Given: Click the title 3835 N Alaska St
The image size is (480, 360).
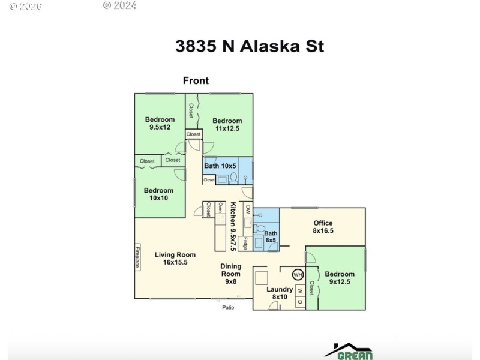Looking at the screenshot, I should coord(250,46).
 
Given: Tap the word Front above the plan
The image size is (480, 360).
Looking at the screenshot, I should coord(196,81).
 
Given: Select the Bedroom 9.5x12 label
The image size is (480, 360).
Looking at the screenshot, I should coord(160,124).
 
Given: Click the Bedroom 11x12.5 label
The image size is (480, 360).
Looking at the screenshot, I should coord(227,124).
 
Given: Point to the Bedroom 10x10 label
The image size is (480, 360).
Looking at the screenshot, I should coord(159,194).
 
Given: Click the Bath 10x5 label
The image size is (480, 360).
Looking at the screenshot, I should coord(221,166).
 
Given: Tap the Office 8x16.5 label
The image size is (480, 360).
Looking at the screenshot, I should coord(323,227).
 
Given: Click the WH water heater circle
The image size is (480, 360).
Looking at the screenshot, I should coord(297,275).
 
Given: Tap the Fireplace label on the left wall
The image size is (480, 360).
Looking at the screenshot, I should coord(137,257).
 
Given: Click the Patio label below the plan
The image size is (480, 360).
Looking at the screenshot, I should coord(228,308).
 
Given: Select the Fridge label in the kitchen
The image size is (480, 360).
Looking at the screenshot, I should coord(245,244).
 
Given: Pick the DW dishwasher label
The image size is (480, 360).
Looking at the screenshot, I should coord(248,209).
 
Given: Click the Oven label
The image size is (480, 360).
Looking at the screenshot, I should coord(220,208).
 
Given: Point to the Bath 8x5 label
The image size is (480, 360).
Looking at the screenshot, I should coord(271,236).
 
